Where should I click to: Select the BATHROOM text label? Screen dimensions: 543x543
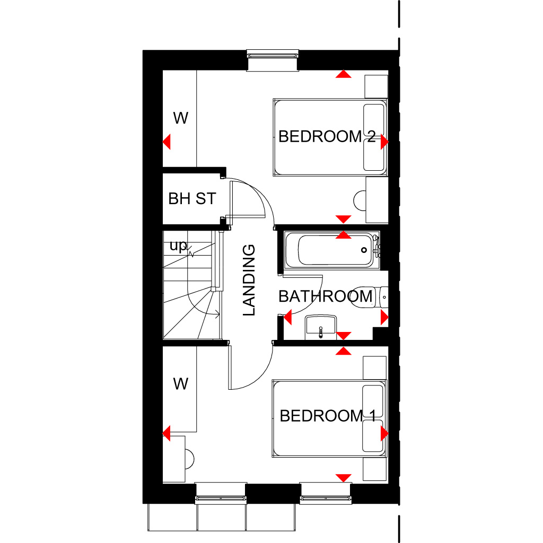(x=326, y=296)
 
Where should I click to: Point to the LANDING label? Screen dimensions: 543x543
(x=249, y=280)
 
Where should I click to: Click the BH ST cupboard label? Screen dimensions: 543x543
(x=192, y=199)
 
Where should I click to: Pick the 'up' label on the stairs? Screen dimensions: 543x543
(x=178, y=247)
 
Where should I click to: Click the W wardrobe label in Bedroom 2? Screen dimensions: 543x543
(x=181, y=118)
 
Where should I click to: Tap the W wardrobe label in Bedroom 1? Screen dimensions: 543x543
(x=181, y=384)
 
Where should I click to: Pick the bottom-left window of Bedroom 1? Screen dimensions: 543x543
(x=221, y=497)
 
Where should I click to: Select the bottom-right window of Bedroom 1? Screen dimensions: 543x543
(x=326, y=497)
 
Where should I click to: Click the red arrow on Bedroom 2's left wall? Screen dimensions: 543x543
(x=167, y=142)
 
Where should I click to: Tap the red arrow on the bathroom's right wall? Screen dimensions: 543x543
(x=384, y=318)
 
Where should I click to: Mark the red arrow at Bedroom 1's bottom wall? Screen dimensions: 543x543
(x=344, y=478)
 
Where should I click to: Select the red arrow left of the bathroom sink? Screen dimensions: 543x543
(x=288, y=318)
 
